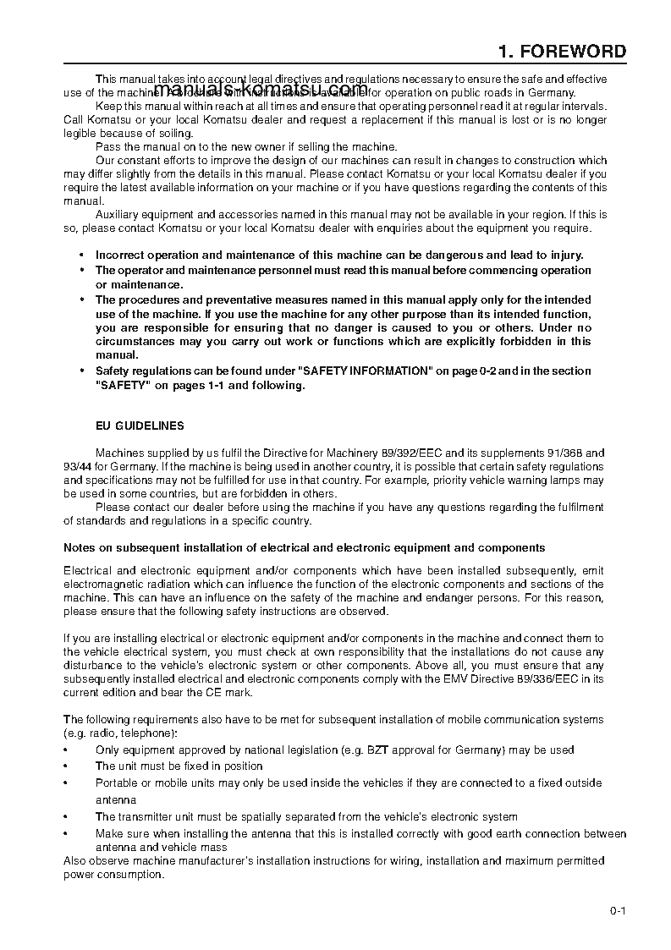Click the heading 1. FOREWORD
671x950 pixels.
(563, 52)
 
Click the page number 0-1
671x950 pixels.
(616, 910)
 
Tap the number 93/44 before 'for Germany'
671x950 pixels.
(79, 466)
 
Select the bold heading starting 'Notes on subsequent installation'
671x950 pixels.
(305, 548)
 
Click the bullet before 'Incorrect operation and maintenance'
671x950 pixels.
(81, 255)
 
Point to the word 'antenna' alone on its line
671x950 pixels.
(115, 799)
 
